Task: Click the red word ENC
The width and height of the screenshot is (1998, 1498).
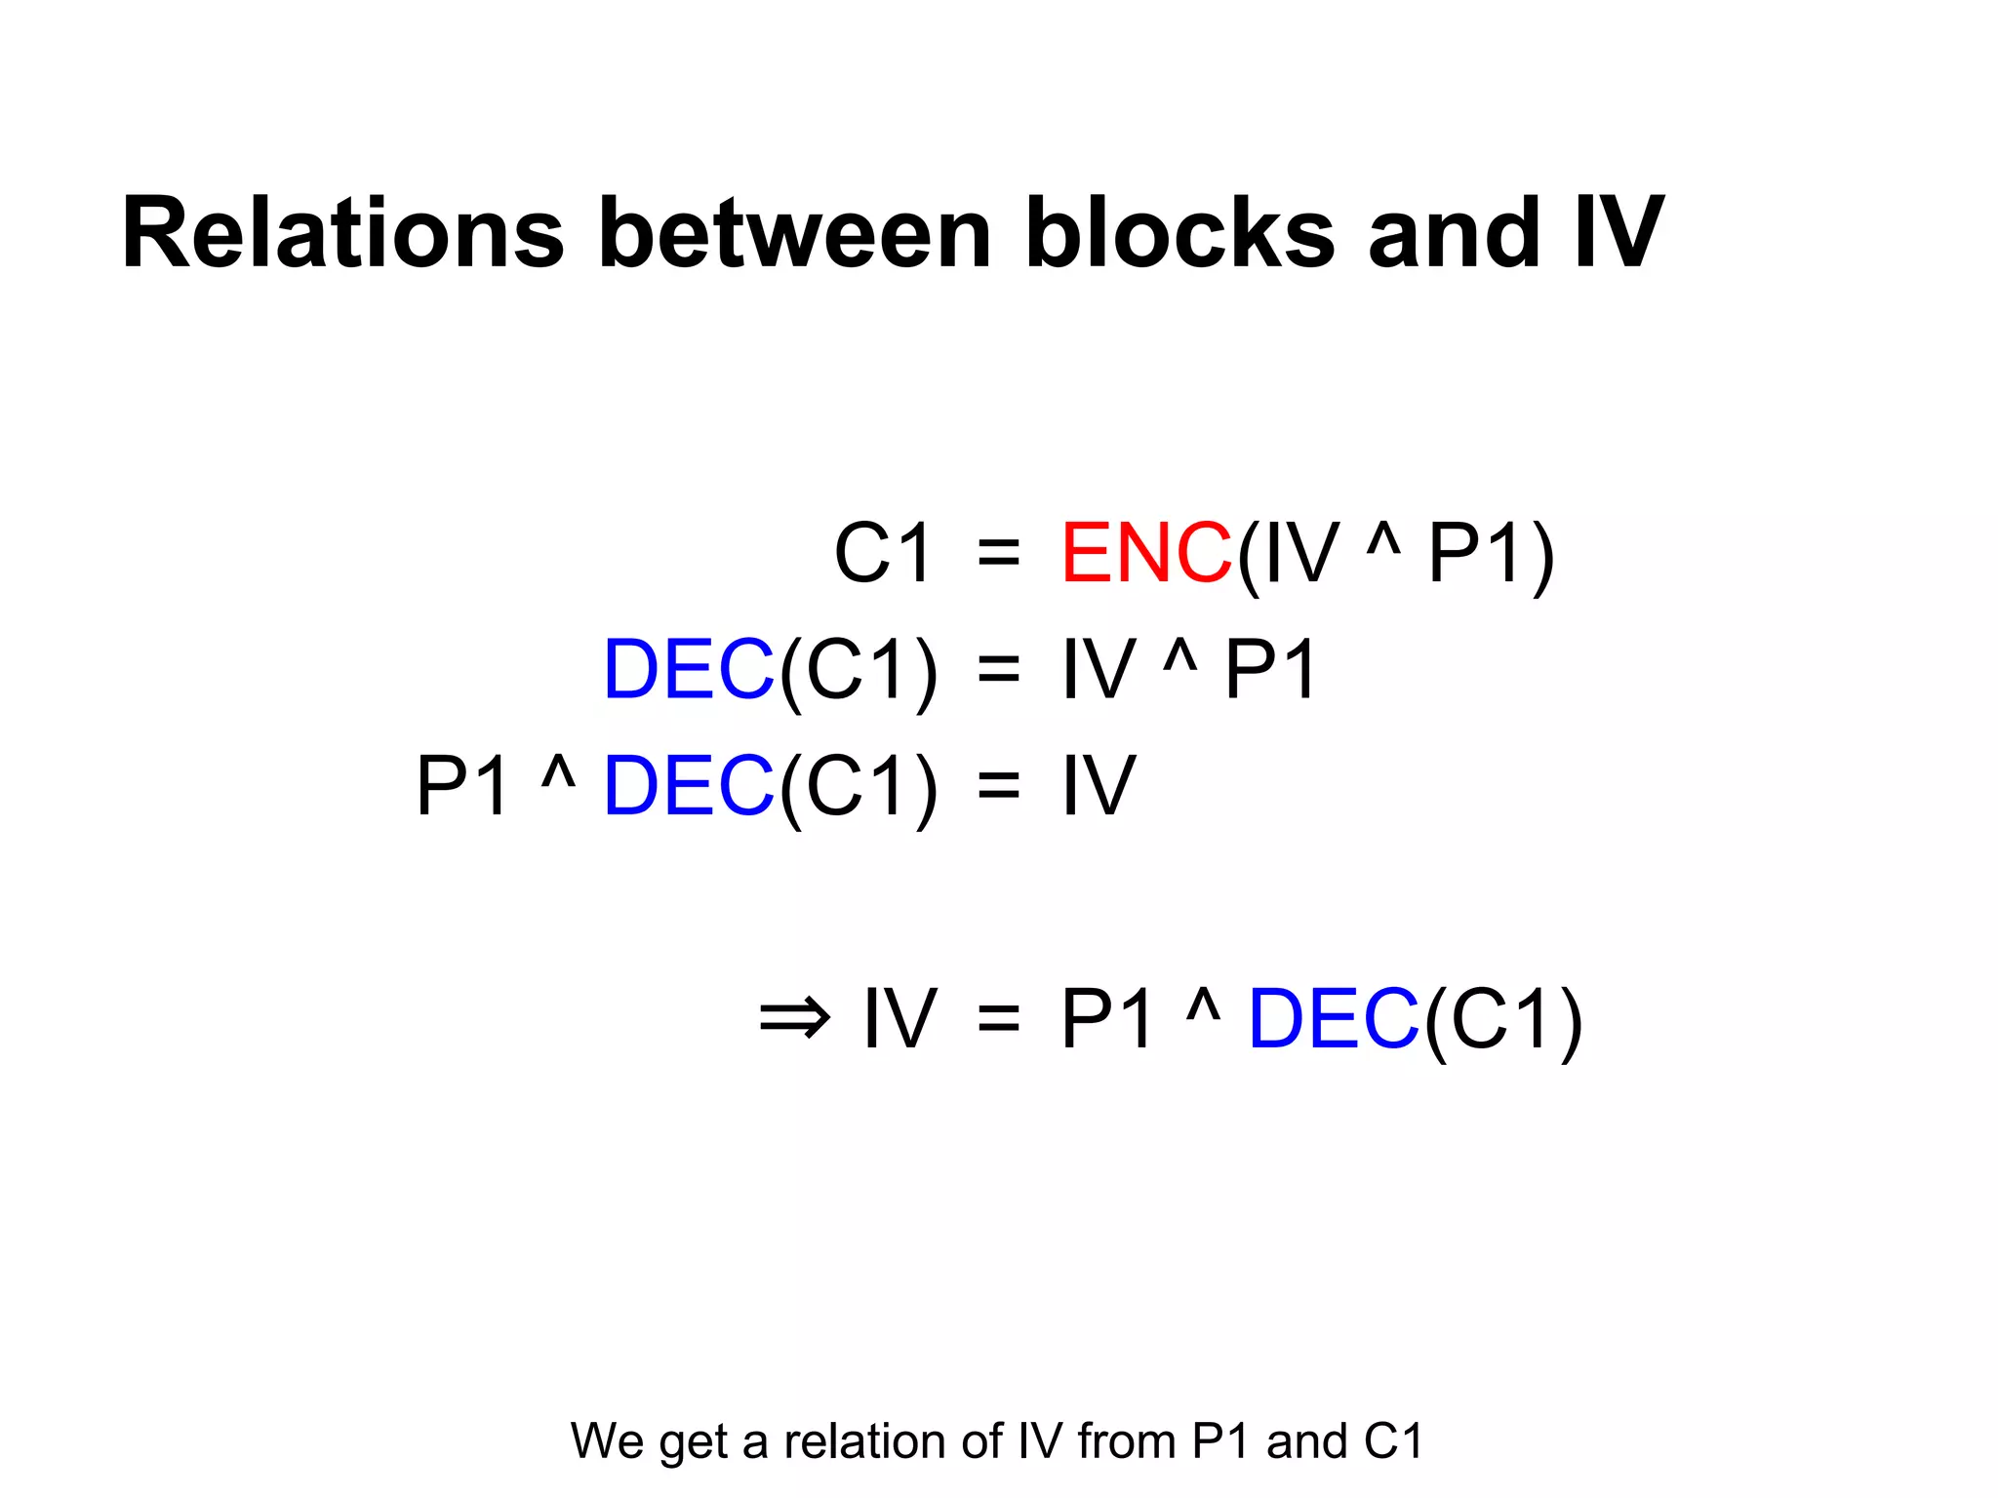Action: (x=1146, y=553)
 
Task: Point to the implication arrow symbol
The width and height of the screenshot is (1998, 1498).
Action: (x=794, y=1019)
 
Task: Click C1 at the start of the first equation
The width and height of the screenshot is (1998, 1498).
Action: (x=884, y=553)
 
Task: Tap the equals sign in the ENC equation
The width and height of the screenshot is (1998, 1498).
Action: (x=998, y=555)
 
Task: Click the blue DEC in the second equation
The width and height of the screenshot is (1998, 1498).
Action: (x=689, y=670)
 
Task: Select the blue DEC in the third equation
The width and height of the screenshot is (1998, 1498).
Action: (x=689, y=786)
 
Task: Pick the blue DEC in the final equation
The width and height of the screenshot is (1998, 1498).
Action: (x=1334, y=1019)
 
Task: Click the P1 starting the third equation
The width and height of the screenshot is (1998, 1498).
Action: (x=462, y=786)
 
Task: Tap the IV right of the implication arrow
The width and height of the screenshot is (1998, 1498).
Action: (x=899, y=1019)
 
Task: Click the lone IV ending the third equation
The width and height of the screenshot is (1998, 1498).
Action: (x=1099, y=786)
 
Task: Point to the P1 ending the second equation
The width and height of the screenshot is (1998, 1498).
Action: (x=1271, y=670)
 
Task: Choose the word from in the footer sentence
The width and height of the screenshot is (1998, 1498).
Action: (x=1127, y=1441)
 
